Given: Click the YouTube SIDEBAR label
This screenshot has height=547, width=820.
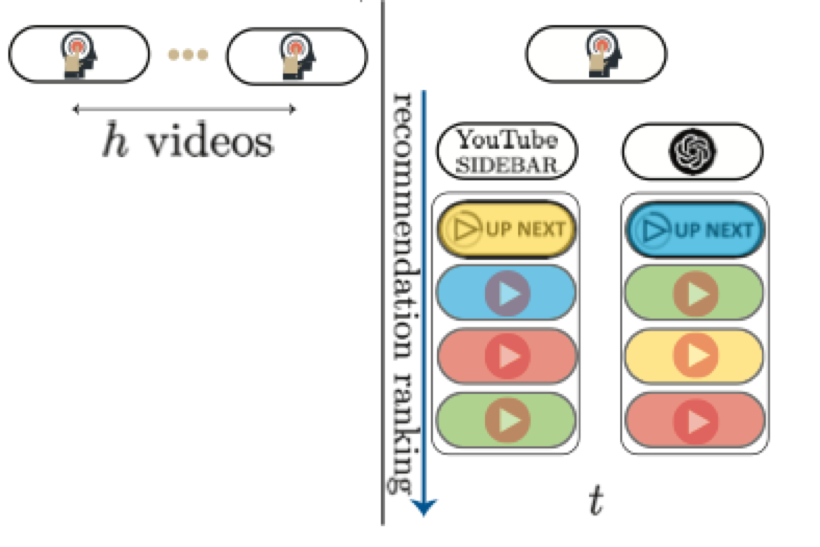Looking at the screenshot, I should (x=507, y=152).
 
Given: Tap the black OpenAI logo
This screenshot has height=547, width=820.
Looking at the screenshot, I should (x=692, y=151).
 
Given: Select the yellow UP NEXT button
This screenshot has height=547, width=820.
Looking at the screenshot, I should (x=506, y=230).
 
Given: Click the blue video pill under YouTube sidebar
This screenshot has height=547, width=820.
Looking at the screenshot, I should (x=506, y=293).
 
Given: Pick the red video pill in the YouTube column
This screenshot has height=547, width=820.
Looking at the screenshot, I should (x=506, y=356).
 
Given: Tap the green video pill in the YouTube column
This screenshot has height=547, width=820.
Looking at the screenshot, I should (x=506, y=420).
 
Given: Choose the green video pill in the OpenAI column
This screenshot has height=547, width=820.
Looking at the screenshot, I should (x=694, y=293).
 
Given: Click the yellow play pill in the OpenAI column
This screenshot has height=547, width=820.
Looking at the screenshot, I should (x=694, y=356).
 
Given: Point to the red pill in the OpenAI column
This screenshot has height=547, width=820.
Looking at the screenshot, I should (x=694, y=421).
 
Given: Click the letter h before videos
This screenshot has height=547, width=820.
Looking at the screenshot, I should (x=115, y=140).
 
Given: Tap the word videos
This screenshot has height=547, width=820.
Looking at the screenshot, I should (x=209, y=142).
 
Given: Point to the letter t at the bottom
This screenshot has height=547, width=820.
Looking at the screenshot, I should (x=596, y=500).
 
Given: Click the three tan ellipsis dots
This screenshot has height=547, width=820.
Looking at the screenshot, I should (x=188, y=54).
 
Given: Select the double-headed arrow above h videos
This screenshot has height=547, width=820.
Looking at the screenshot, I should (x=184, y=110).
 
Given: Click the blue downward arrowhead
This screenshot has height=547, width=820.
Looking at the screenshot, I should (x=424, y=506).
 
